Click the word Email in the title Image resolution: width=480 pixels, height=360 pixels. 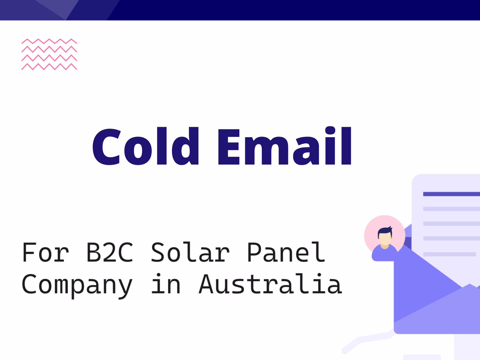point(284,147)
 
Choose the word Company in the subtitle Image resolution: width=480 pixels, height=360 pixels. point(77,285)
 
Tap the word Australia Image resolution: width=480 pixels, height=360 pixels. point(270,284)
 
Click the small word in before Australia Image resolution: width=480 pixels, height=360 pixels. point(166,284)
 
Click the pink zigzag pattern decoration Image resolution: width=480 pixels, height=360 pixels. point(49,54)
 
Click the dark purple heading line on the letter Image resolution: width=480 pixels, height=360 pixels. point(451,194)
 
